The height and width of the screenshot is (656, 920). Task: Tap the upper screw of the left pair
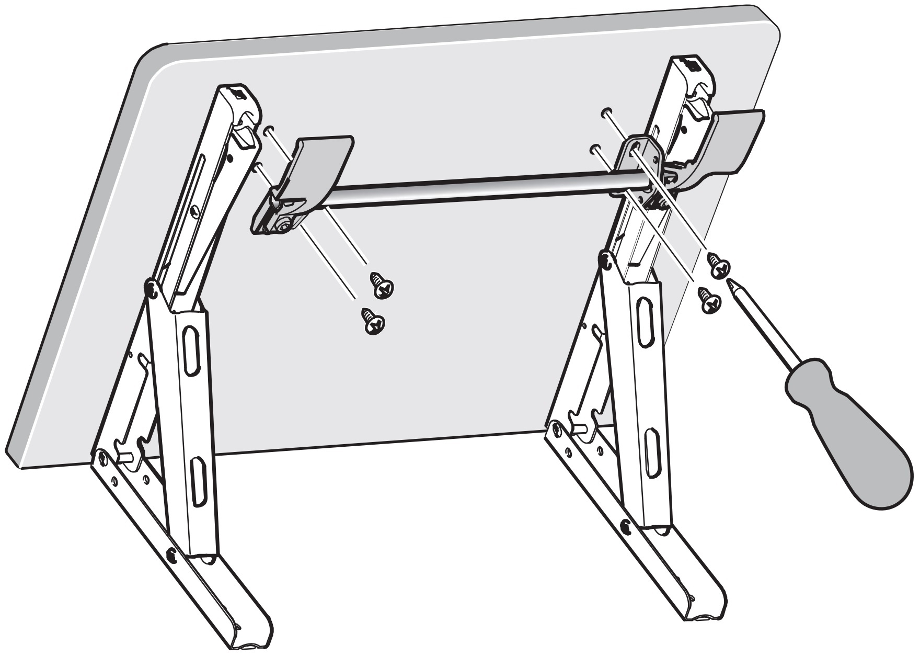click(382, 285)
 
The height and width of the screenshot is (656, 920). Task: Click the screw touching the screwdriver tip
click(718, 266)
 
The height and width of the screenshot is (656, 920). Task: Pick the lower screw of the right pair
click(710, 301)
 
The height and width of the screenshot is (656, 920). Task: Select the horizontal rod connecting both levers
click(470, 191)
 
